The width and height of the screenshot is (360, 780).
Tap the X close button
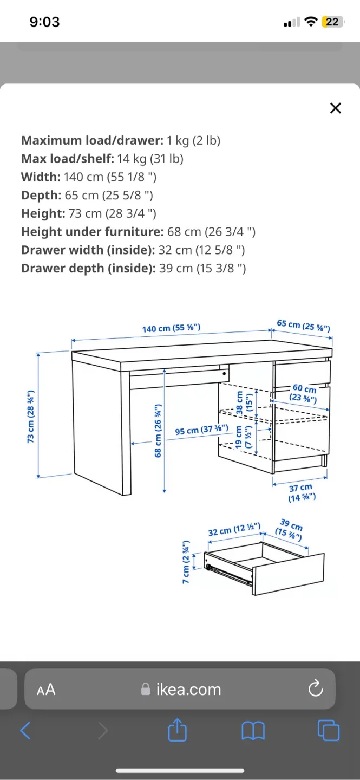click(x=336, y=108)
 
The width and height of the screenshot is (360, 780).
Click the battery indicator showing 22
click(x=332, y=22)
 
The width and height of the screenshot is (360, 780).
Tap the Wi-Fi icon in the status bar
click(x=311, y=22)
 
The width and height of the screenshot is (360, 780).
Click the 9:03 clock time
click(x=44, y=22)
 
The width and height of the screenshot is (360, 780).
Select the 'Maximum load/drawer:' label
click(x=92, y=140)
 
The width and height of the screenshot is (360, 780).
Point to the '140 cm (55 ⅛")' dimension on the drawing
click(x=171, y=329)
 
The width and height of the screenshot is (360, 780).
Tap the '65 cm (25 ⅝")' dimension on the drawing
click(x=303, y=326)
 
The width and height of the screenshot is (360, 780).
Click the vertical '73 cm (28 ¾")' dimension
click(x=31, y=416)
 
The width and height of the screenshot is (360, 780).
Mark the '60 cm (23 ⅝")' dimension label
click(x=304, y=394)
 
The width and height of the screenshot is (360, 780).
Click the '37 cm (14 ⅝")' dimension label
click(x=301, y=492)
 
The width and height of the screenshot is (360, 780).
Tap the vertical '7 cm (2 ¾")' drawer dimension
click(x=186, y=562)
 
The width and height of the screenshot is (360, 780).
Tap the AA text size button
click(x=46, y=690)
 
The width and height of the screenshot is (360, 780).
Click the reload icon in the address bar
click(x=315, y=689)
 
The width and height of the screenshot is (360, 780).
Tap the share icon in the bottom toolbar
click(x=177, y=731)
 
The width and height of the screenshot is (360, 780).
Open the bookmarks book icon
click(x=253, y=731)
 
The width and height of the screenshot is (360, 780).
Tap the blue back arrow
click(x=25, y=731)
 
